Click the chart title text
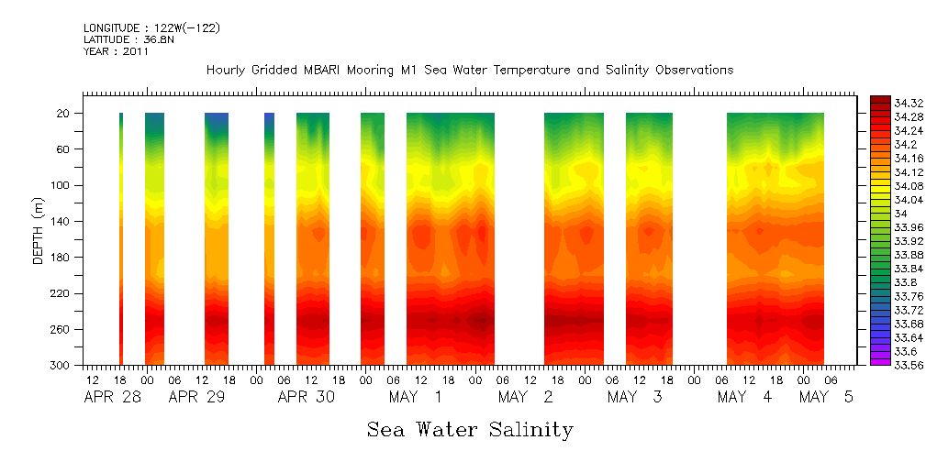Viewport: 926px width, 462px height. tap(470, 71)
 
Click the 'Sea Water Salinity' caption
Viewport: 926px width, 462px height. tap(470, 429)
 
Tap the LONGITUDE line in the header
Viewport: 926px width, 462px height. tap(151, 28)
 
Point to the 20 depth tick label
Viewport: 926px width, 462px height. tap(64, 114)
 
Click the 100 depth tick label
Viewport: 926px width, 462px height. tap(61, 185)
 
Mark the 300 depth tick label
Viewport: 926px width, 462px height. tap(61, 366)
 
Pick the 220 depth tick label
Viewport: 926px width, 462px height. tap(61, 293)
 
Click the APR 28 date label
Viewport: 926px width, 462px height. tap(108, 398)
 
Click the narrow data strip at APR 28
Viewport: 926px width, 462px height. tap(121, 238)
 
